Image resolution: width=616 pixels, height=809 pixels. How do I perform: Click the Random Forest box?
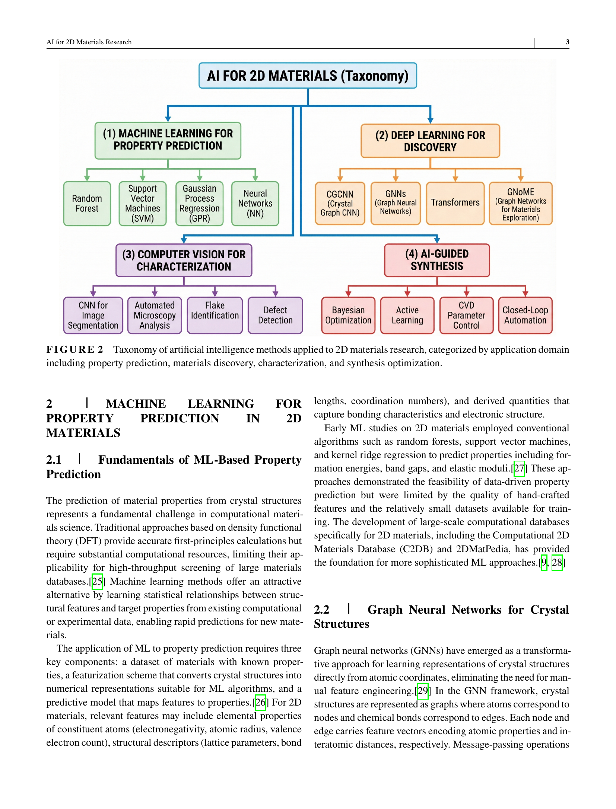click(87, 204)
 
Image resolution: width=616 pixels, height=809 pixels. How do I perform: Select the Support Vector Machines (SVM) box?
click(142, 204)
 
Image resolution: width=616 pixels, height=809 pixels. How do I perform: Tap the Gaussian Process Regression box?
click(199, 204)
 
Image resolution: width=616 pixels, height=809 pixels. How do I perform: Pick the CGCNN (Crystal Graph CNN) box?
click(340, 204)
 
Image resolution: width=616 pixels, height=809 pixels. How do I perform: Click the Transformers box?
click(455, 203)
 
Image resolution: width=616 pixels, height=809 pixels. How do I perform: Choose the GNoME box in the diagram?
click(520, 204)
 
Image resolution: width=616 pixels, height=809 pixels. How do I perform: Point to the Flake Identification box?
click(215, 315)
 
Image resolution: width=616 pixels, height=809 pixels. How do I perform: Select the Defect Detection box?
click(275, 315)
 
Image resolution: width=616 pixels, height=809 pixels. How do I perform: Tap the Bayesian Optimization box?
click(348, 315)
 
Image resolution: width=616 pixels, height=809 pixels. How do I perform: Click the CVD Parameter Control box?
click(466, 315)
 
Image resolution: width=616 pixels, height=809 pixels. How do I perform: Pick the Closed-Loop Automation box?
click(525, 315)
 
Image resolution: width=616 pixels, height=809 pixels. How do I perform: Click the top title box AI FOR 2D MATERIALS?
click(308, 76)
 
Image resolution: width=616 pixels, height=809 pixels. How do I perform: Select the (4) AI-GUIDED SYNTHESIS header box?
click(437, 260)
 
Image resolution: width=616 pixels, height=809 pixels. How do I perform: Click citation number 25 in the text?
click(97, 582)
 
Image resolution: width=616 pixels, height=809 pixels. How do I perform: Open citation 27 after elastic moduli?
click(519, 469)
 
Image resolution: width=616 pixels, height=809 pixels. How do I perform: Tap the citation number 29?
click(423, 691)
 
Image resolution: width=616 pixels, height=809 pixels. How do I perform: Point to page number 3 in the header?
click(567, 42)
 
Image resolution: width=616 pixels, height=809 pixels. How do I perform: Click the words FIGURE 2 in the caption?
click(74, 350)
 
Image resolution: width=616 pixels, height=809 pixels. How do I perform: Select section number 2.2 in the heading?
click(322, 610)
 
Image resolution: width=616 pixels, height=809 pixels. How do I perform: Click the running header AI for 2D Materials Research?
click(89, 42)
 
